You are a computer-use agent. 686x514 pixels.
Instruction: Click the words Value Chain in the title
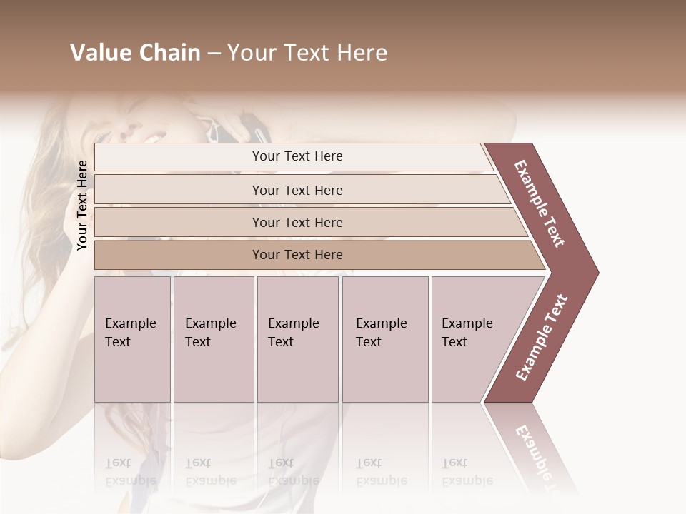click(135, 53)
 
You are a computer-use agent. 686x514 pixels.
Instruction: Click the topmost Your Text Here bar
click(297, 156)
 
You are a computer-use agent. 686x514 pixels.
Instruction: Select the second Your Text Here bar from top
click(297, 190)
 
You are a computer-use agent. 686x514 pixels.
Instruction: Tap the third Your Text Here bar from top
click(297, 222)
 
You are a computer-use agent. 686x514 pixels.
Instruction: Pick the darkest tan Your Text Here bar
click(297, 255)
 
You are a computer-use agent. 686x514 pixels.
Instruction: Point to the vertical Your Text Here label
click(82, 205)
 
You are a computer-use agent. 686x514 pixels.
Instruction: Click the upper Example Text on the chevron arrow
click(540, 203)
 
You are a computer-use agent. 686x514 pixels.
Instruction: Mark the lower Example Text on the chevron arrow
click(542, 337)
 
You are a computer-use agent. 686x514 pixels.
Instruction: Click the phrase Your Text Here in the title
click(307, 53)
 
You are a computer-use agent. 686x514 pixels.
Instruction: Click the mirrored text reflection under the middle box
click(294, 472)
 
